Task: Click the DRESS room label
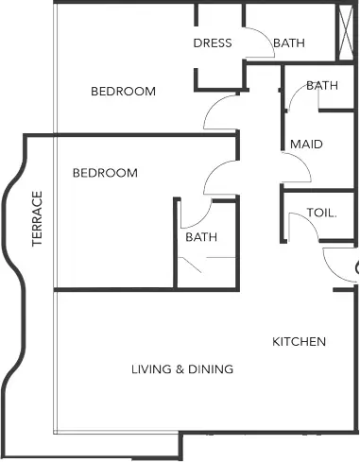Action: point(213,43)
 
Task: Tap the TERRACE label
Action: point(37,218)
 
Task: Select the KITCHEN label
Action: point(299,342)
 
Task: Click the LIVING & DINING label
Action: point(182,369)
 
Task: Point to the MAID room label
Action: point(306,145)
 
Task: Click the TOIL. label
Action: point(321,213)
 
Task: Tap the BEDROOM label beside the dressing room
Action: point(123,92)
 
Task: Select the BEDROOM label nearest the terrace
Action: point(105,173)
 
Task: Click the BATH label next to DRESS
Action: point(289,43)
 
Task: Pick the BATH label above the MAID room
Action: point(322,85)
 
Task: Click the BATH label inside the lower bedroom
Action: point(201,237)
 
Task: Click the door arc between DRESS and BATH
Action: point(266,35)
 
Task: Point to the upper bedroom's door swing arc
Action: point(212,106)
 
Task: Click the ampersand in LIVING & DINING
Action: point(180,369)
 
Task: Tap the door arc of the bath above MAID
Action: point(294,94)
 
